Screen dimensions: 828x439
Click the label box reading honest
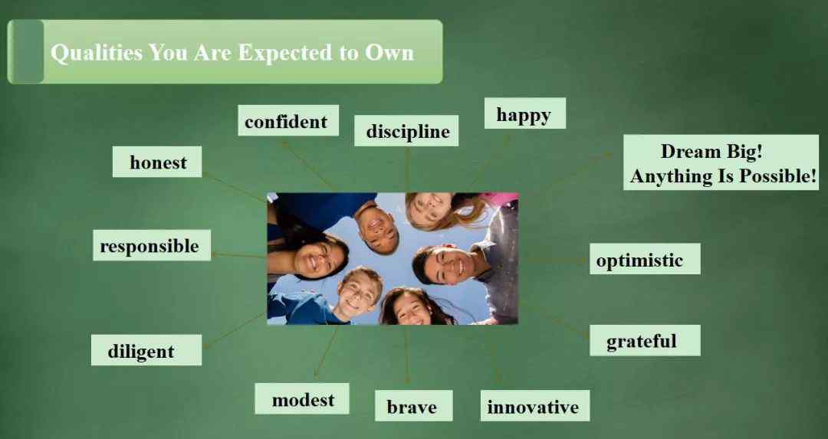point(157,162)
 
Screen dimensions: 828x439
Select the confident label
point(287,120)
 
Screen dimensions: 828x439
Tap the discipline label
point(406,130)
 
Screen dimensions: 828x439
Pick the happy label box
point(525,113)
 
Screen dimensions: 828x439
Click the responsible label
point(152,245)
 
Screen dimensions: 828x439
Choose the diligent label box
point(146,350)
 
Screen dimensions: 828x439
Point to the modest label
point(301,399)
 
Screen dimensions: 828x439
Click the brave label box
point(413,406)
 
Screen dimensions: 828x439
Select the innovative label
point(535,406)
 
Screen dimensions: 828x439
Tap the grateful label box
point(645,340)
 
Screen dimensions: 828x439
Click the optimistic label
point(645,258)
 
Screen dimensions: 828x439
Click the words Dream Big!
point(711,152)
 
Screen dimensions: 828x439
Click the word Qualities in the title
point(97,53)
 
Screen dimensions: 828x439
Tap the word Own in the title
point(389,53)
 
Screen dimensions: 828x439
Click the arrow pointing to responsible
point(238,255)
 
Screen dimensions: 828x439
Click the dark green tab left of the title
point(26,51)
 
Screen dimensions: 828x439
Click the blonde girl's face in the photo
point(429,207)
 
